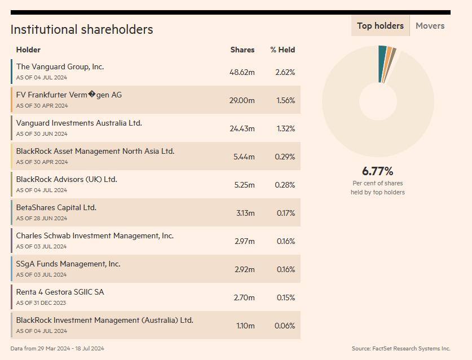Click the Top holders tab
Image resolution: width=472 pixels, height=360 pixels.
pos(380,26)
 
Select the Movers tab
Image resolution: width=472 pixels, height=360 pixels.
pos(430,26)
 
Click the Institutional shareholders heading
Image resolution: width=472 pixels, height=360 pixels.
pos(82,30)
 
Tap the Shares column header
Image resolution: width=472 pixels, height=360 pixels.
pos(242,50)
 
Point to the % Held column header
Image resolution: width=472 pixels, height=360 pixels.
pos(283,50)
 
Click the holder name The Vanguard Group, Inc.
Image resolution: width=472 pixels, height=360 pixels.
pos(60,67)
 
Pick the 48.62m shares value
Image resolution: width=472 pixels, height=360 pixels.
pos(242,73)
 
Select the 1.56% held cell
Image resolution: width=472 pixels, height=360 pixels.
pos(285,101)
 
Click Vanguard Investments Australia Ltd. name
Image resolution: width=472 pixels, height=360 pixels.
pos(79,123)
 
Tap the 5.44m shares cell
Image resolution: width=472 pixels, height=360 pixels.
pos(244,157)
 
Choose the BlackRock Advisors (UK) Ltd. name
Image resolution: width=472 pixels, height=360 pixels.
pos(67,180)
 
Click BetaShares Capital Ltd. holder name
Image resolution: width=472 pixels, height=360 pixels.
pos(56,208)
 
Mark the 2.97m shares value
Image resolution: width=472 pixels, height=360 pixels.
pos(245,242)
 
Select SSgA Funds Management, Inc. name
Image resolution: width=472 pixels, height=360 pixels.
pos(68,264)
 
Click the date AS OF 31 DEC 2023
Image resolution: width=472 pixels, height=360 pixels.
pos(41,303)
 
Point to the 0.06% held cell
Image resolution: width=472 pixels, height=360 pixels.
pos(285,326)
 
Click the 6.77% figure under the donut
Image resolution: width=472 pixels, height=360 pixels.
pos(377,171)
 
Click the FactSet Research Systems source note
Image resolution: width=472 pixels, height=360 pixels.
pos(401,349)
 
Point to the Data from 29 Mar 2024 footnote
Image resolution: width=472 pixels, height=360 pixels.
pos(57,349)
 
